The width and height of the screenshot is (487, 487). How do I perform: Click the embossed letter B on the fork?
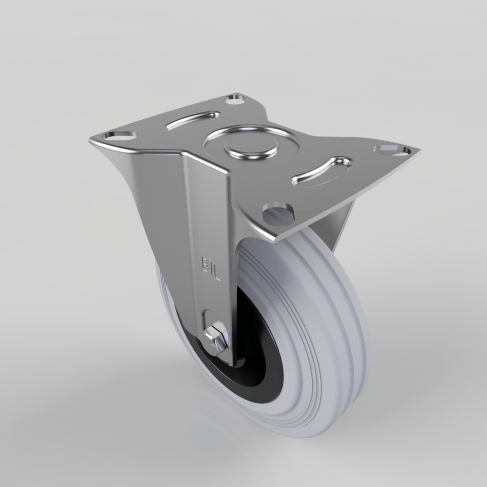[206, 263]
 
